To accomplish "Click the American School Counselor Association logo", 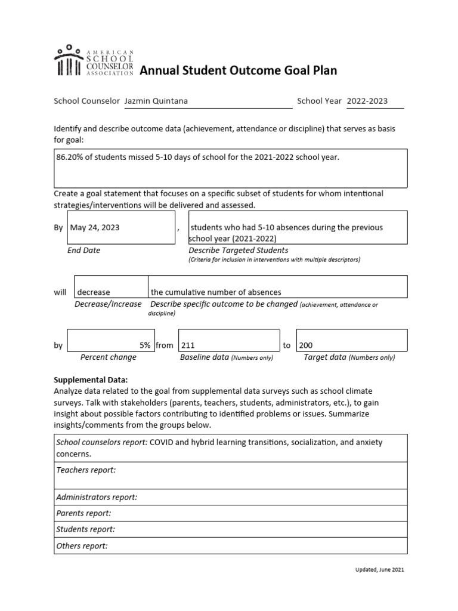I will [94, 61].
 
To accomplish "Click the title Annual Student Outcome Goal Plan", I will [238, 71].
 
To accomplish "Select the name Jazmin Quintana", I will [156, 101].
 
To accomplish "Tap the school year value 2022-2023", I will [367, 101].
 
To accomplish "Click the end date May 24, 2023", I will [95, 227].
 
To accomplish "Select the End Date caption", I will [83, 251].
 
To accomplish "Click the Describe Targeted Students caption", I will [238, 251].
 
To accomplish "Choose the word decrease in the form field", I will [94, 292].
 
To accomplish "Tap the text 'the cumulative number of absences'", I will [215, 292].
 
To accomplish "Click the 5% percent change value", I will [145, 345].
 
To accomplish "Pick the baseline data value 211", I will [188, 345].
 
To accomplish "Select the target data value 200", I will [305, 345].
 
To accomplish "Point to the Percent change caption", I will [108, 357].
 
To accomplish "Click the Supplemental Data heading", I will [91, 379].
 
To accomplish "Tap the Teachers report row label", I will [86, 470].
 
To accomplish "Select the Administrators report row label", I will [97, 497].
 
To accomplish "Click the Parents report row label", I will [83, 513].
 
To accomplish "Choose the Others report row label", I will [82, 545].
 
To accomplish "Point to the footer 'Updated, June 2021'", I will [379, 570].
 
